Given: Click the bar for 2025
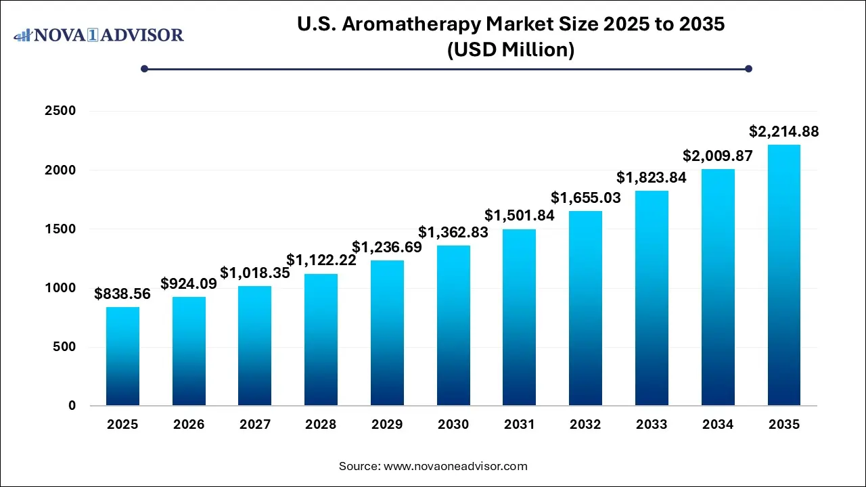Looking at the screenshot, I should pos(122,356).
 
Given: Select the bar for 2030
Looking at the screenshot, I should pos(453,325).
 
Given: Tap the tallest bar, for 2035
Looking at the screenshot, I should pos(784,275).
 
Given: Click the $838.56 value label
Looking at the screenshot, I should pos(122,294).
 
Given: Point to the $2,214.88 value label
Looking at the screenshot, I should pos(783,132).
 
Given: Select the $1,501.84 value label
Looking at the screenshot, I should pos(520,216).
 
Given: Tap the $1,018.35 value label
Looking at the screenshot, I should pos(254,273).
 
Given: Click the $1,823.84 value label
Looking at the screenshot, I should pos(652,178).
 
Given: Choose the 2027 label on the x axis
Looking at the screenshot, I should pos(254,425).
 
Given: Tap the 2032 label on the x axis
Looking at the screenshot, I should pos(585,425).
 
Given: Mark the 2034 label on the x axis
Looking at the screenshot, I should pos(718,425).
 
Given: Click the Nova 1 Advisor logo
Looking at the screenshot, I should pos(99,34).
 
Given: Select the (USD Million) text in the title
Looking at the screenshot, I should pos(511,50).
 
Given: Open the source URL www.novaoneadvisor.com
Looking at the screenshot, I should pos(455,466).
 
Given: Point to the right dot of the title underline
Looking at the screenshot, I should pos(748,68).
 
